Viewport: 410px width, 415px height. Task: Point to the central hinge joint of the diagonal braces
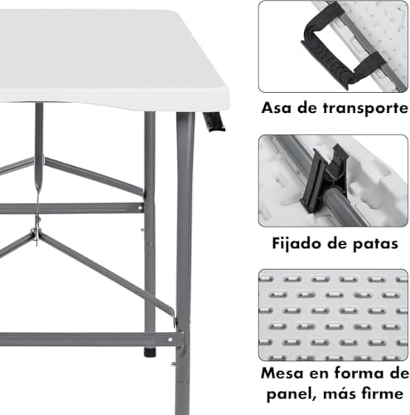36,230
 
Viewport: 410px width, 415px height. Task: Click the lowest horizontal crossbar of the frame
83,339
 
